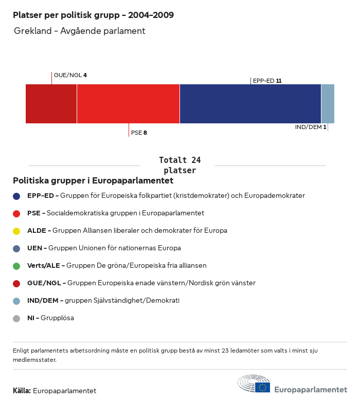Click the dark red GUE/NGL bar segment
[x=51, y=104]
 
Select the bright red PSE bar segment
[x=128, y=104]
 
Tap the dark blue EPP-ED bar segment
[x=250, y=104]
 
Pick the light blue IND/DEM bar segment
[x=328, y=104]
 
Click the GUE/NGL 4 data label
[x=70, y=75]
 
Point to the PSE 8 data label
[x=139, y=133]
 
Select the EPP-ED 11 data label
[x=267, y=81]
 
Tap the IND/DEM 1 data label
[x=311, y=127]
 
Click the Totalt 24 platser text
[x=179, y=165]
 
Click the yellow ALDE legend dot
[x=16, y=231]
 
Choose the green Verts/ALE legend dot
[x=16, y=266]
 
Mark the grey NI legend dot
[x=16, y=318]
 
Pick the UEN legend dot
[x=16, y=248]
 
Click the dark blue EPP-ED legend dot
[x=16, y=196]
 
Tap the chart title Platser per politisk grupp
[x=93, y=15]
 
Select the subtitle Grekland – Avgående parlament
[x=80, y=31]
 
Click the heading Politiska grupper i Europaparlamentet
[x=93, y=181]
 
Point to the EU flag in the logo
[x=262, y=387]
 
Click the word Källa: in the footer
[x=22, y=391]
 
